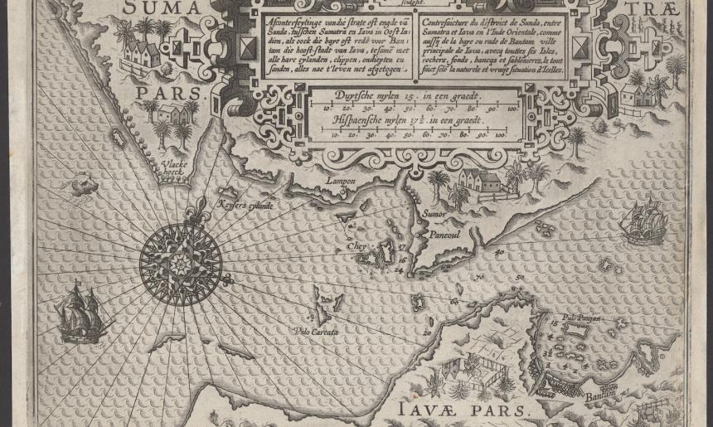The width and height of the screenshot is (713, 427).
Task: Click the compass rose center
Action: click(x=180, y=264)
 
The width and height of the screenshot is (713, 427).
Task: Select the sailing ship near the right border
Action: click(x=645, y=223)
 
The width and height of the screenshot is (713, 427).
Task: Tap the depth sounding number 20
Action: click(x=428, y=332)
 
